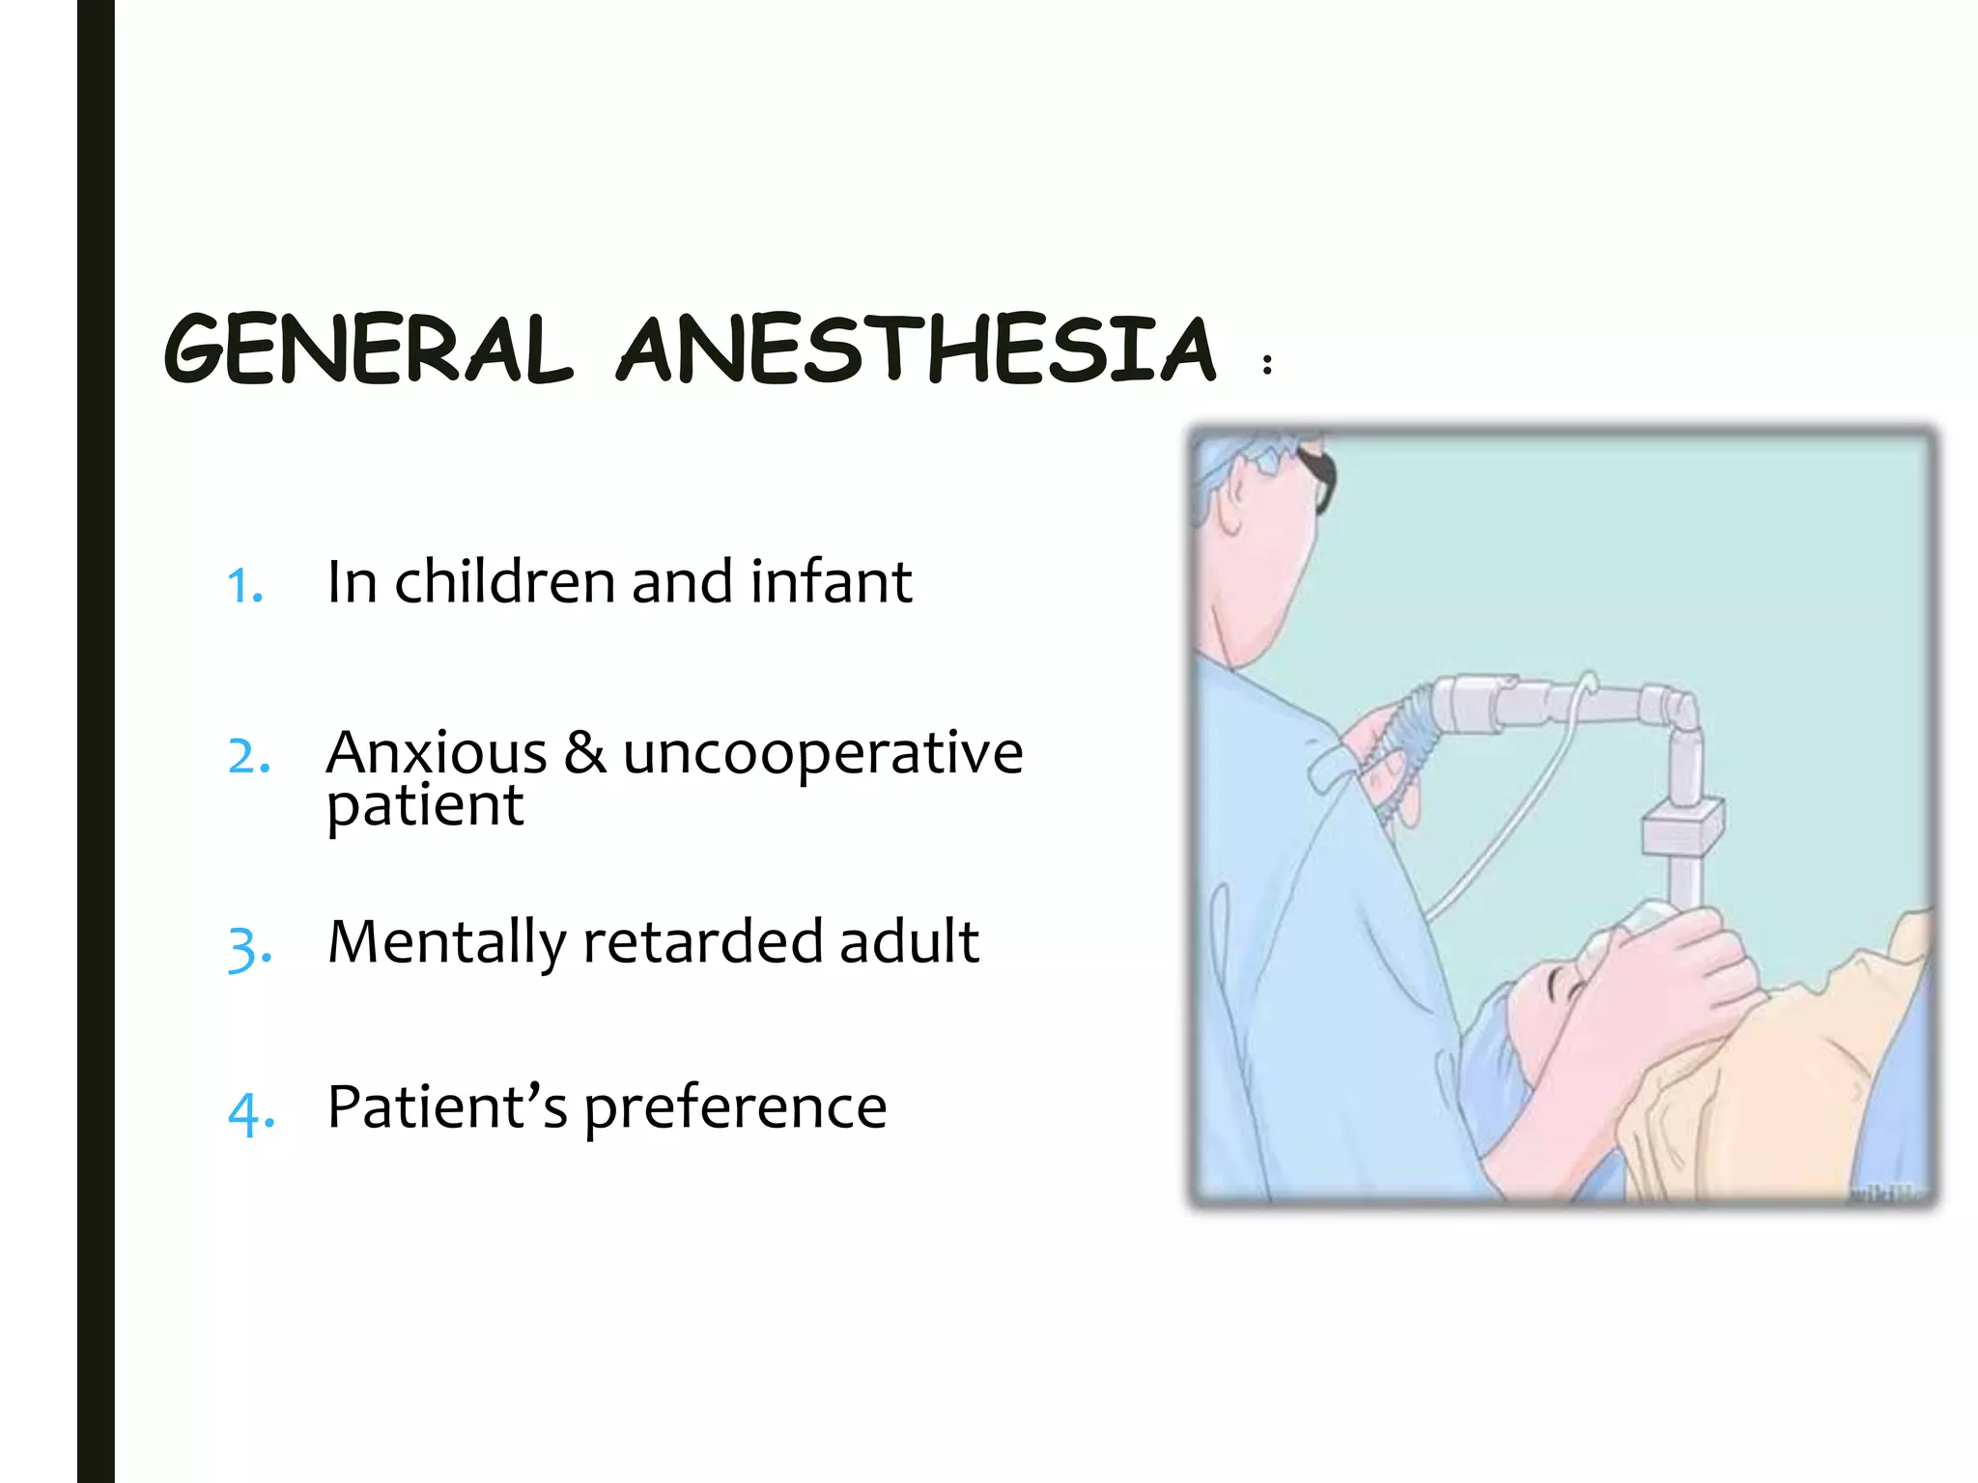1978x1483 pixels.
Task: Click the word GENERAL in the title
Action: (x=368, y=350)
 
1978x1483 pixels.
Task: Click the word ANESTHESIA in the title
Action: (x=917, y=350)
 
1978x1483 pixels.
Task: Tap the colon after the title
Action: (x=1267, y=364)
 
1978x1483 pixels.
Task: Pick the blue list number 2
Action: (x=249, y=756)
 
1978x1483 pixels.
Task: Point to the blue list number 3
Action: (x=250, y=947)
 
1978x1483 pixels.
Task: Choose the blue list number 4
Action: (x=251, y=1113)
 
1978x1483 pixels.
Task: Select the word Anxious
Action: (x=437, y=753)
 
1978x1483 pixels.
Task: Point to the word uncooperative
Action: (x=823, y=755)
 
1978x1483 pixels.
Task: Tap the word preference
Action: (x=735, y=1107)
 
